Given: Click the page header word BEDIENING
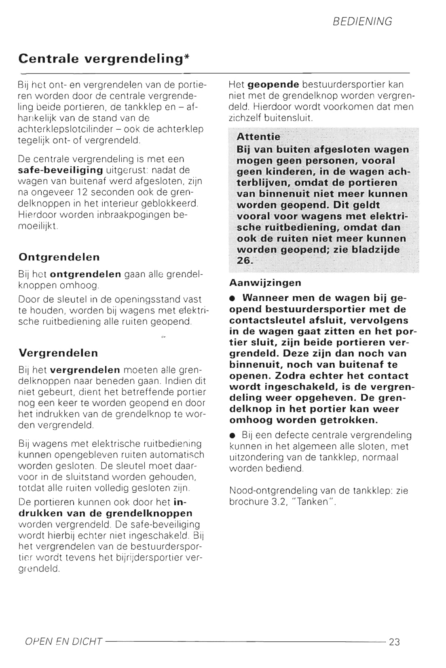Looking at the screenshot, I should click(x=362, y=21).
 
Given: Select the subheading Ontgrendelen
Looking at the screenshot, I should click(x=59, y=257).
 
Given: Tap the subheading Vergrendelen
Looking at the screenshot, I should click(x=58, y=353).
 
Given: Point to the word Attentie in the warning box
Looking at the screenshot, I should click(x=258, y=137).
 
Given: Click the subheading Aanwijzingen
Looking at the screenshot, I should click(x=265, y=283).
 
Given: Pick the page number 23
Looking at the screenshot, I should click(x=394, y=642).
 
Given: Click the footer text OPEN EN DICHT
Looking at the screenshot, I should click(x=63, y=642).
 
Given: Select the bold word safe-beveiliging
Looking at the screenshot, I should click(x=61, y=170).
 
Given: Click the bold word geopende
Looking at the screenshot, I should click(x=273, y=85).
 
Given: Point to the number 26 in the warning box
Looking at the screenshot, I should click(x=244, y=260).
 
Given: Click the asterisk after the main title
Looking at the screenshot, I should click(x=186, y=57).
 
